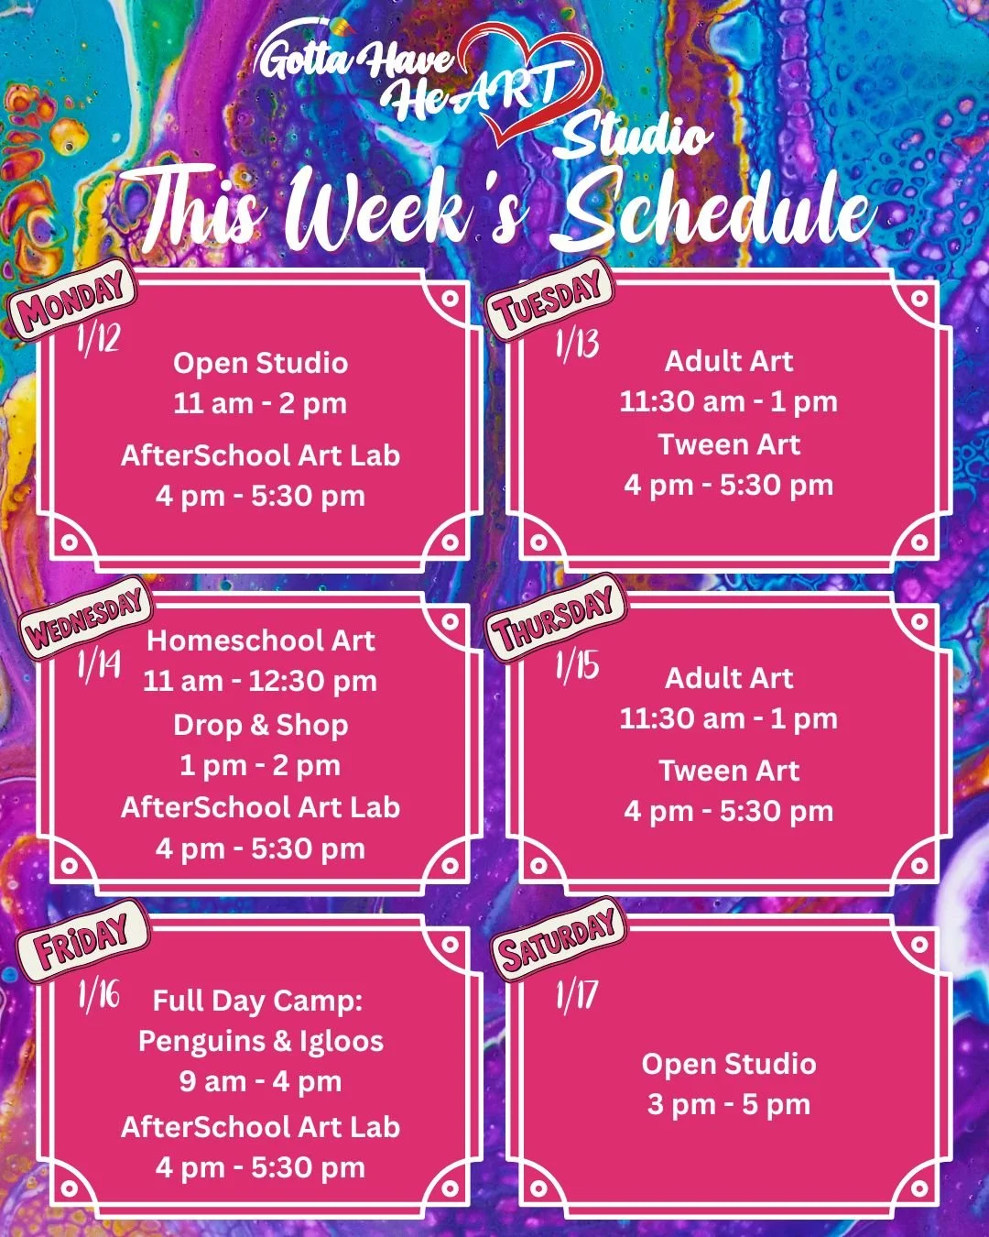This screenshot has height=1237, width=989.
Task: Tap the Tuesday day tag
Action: (549, 299)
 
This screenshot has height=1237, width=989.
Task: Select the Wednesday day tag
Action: (85, 619)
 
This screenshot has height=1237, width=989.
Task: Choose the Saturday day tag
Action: (558, 938)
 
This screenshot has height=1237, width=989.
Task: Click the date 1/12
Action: (98, 340)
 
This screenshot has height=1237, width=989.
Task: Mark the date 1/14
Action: (99, 664)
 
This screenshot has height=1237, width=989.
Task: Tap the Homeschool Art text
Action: (261, 640)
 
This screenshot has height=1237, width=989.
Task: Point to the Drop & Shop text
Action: (261, 725)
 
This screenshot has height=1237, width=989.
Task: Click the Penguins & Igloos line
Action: (261, 1041)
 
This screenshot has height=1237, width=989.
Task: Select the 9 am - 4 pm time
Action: (261, 1081)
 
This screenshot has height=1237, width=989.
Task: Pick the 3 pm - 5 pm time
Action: (729, 1104)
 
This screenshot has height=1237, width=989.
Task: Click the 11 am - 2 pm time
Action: (261, 403)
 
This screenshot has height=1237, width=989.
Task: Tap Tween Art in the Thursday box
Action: (729, 771)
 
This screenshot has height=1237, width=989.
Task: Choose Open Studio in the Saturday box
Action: (729, 1064)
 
